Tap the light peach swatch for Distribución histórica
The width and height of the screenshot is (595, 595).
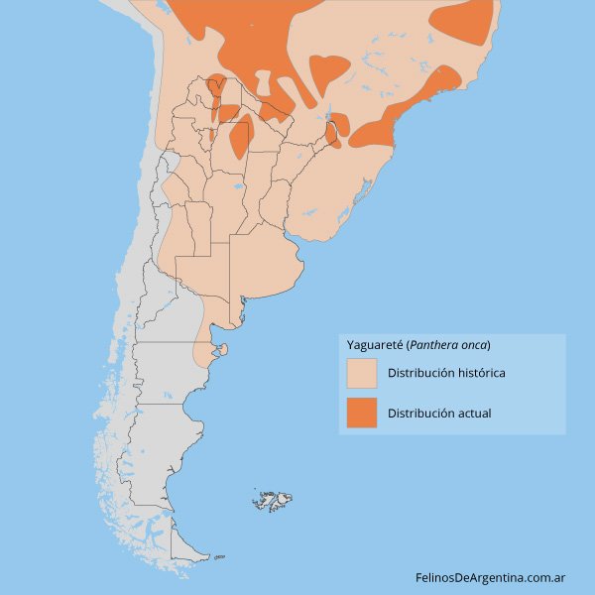362,374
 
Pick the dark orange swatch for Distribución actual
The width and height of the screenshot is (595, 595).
362,413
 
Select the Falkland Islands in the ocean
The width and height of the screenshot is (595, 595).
270,501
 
